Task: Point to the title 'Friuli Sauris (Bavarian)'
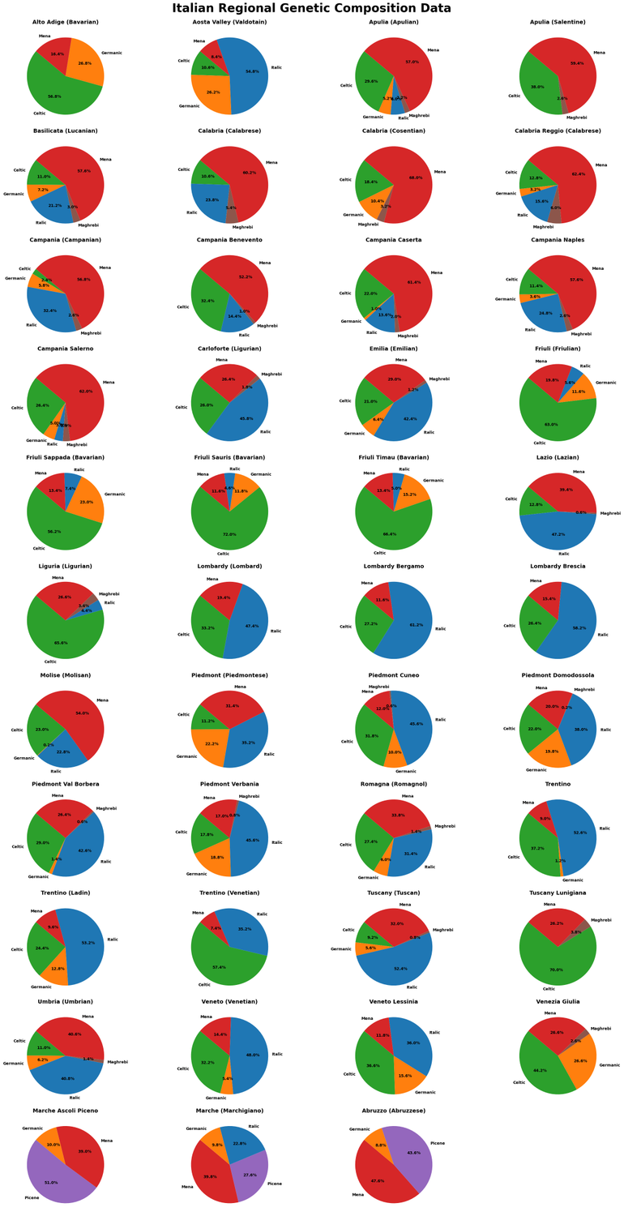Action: coord(230,457)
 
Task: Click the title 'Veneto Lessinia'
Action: coord(393,1001)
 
